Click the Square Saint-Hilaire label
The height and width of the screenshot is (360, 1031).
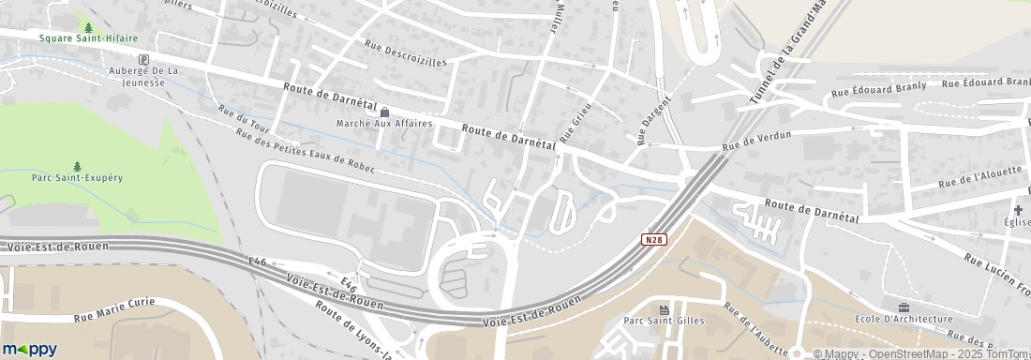click(88, 38)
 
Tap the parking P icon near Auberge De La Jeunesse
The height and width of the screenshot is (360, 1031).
click(143, 59)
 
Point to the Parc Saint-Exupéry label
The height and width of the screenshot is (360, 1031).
click(77, 177)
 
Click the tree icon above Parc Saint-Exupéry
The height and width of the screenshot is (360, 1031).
click(77, 166)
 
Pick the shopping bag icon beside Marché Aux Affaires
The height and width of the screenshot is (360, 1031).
click(384, 112)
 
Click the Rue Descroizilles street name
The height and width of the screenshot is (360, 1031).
click(406, 48)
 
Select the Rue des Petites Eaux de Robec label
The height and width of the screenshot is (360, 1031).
click(306, 151)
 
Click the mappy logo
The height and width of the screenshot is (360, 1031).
click(30, 349)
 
